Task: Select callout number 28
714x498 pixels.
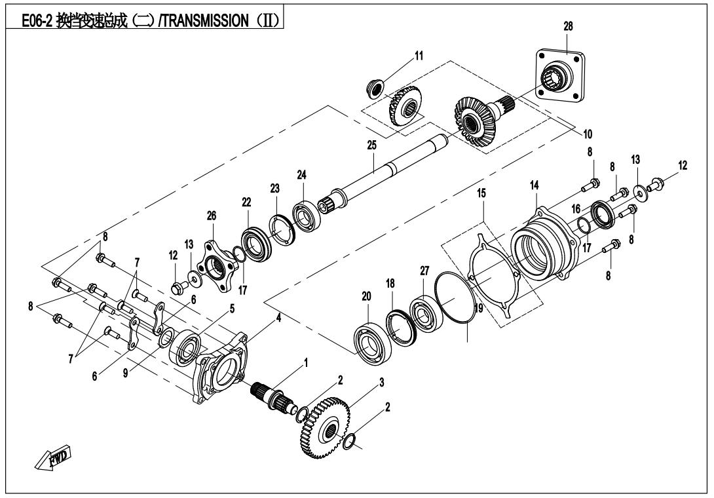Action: (x=568, y=26)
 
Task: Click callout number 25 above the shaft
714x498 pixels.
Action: (x=372, y=145)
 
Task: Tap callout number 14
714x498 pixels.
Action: (x=534, y=185)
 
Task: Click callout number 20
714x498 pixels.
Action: (x=367, y=297)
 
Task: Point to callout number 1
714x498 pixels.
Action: (x=306, y=363)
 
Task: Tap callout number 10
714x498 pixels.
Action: (x=588, y=134)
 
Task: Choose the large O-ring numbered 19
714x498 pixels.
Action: (x=451, y=296)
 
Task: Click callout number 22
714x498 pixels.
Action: (x=246, y=202)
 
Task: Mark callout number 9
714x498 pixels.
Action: (x=126, y=373)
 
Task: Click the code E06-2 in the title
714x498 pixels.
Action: (x=37, y=21)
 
